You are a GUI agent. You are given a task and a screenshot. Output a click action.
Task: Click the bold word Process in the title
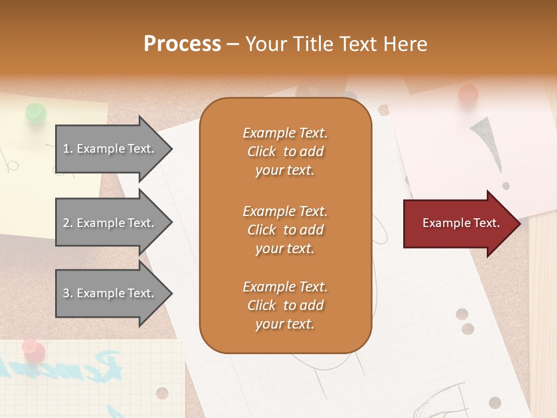(x=182, y=44)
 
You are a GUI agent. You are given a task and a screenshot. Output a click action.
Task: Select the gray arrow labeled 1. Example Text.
(x=110, y=149)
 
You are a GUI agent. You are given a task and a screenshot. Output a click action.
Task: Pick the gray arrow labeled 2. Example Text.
(x=110, y=223)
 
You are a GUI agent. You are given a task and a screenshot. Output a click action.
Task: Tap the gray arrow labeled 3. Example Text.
(x=110, y=293)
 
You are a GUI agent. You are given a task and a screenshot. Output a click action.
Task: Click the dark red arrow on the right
(x=458, y=223)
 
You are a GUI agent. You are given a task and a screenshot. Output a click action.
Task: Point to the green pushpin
(x=36, y=112)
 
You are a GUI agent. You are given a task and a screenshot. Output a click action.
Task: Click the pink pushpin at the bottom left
(x=33, y=349)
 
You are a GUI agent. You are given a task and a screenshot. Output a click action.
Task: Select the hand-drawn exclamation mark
(x=487, y=145)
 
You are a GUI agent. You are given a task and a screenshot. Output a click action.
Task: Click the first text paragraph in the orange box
(x=285, y=152)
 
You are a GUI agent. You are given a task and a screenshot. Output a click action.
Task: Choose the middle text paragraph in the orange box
(x=285, y=230)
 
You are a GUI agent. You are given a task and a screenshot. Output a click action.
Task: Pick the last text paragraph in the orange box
(x=285, y=305)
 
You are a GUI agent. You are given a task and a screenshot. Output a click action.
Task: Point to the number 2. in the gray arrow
(x=68, y=223)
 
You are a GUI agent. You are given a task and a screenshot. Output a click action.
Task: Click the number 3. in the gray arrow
(x=68, y=293)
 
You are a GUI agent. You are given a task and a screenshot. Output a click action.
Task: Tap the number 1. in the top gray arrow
(x=68, y=149)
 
